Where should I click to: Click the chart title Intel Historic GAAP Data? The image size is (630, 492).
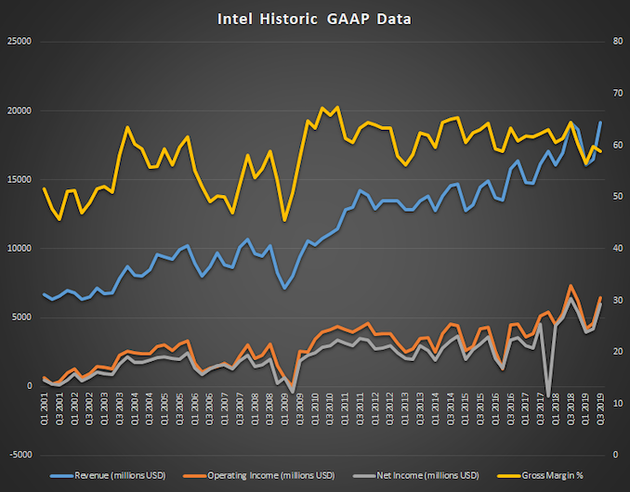(314, 18)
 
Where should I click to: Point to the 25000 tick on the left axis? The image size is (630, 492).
(19, 42)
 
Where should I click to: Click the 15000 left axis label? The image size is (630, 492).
(19, 179)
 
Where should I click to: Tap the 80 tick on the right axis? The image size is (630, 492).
(615, 42)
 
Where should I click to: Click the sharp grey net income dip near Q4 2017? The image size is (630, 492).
(548, 395)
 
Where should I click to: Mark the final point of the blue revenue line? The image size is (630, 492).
(599, 123)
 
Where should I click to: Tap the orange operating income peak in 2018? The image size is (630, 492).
(571, 286)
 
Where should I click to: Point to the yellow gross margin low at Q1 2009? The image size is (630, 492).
(284, 220)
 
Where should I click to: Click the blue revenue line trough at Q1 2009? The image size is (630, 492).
(284, 289)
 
